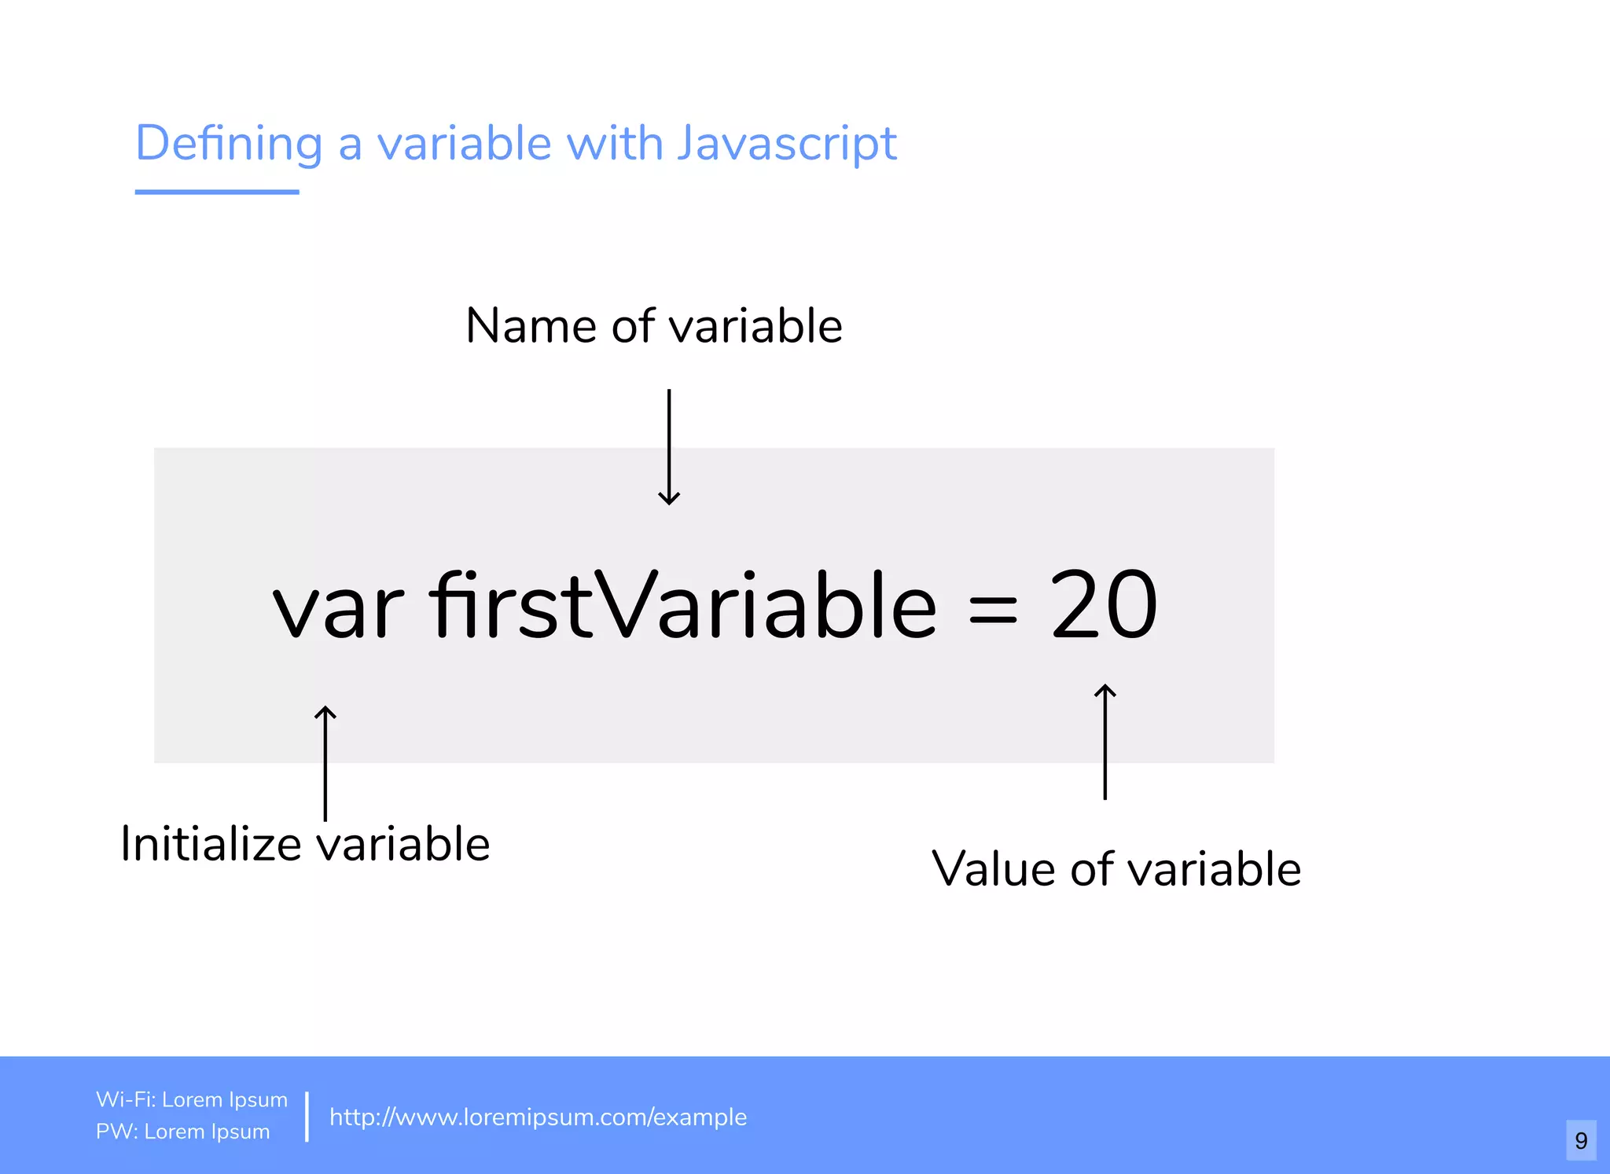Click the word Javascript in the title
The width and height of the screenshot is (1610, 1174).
click(786, 144)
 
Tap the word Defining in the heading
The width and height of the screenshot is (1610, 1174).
click(229, 144)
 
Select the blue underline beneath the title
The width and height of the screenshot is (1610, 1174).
click(217, 192)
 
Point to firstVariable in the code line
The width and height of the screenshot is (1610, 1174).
click(682, 605)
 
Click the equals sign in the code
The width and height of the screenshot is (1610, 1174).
click(993, 610)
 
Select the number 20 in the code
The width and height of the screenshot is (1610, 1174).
click(1103, 605)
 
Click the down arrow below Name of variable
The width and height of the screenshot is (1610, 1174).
click(669, 447)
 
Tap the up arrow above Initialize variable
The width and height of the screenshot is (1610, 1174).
click(325, 762)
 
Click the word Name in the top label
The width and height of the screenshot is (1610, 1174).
click(531, 326)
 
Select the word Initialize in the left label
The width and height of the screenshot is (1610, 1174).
click(211, 845)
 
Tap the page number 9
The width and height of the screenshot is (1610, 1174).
click(1581, 1140)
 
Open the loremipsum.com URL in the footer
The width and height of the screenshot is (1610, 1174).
click(538, 1117)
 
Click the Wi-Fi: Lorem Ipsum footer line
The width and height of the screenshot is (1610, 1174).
click(192, 1099)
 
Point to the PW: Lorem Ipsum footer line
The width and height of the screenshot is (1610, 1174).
click(183, 1132)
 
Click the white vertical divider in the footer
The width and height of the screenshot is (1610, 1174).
click(307, 1116)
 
